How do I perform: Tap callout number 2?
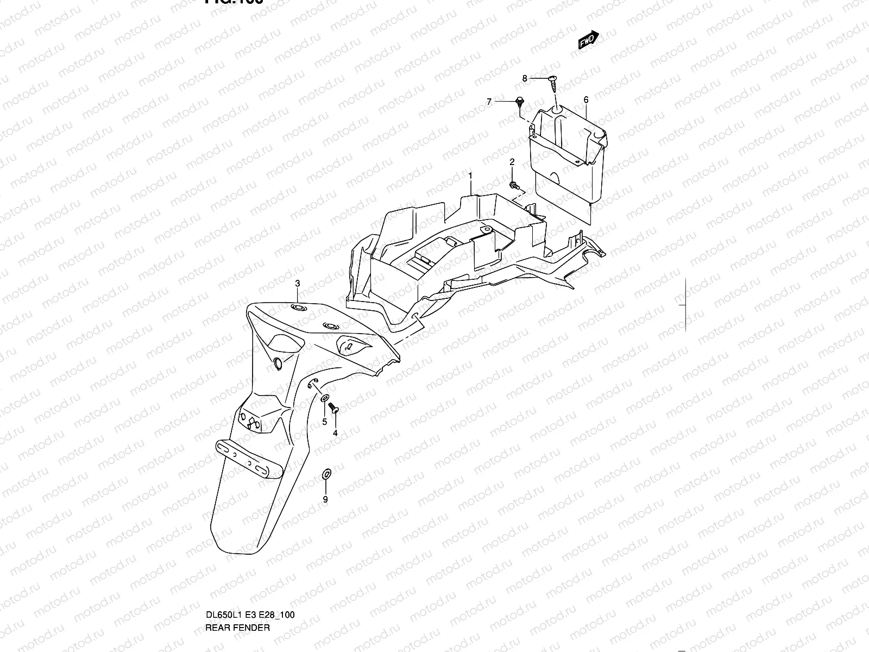512,162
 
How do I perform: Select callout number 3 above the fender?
298,284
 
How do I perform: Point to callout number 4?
335,433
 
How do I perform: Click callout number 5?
324,422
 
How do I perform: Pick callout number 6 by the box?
586,100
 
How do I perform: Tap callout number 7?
489,102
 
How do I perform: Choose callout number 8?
525,79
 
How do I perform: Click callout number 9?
325,500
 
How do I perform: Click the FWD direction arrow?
588,40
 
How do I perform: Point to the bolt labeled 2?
513,186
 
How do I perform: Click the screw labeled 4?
335,407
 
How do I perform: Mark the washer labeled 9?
326,473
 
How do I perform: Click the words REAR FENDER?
237,582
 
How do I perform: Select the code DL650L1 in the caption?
224,569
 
